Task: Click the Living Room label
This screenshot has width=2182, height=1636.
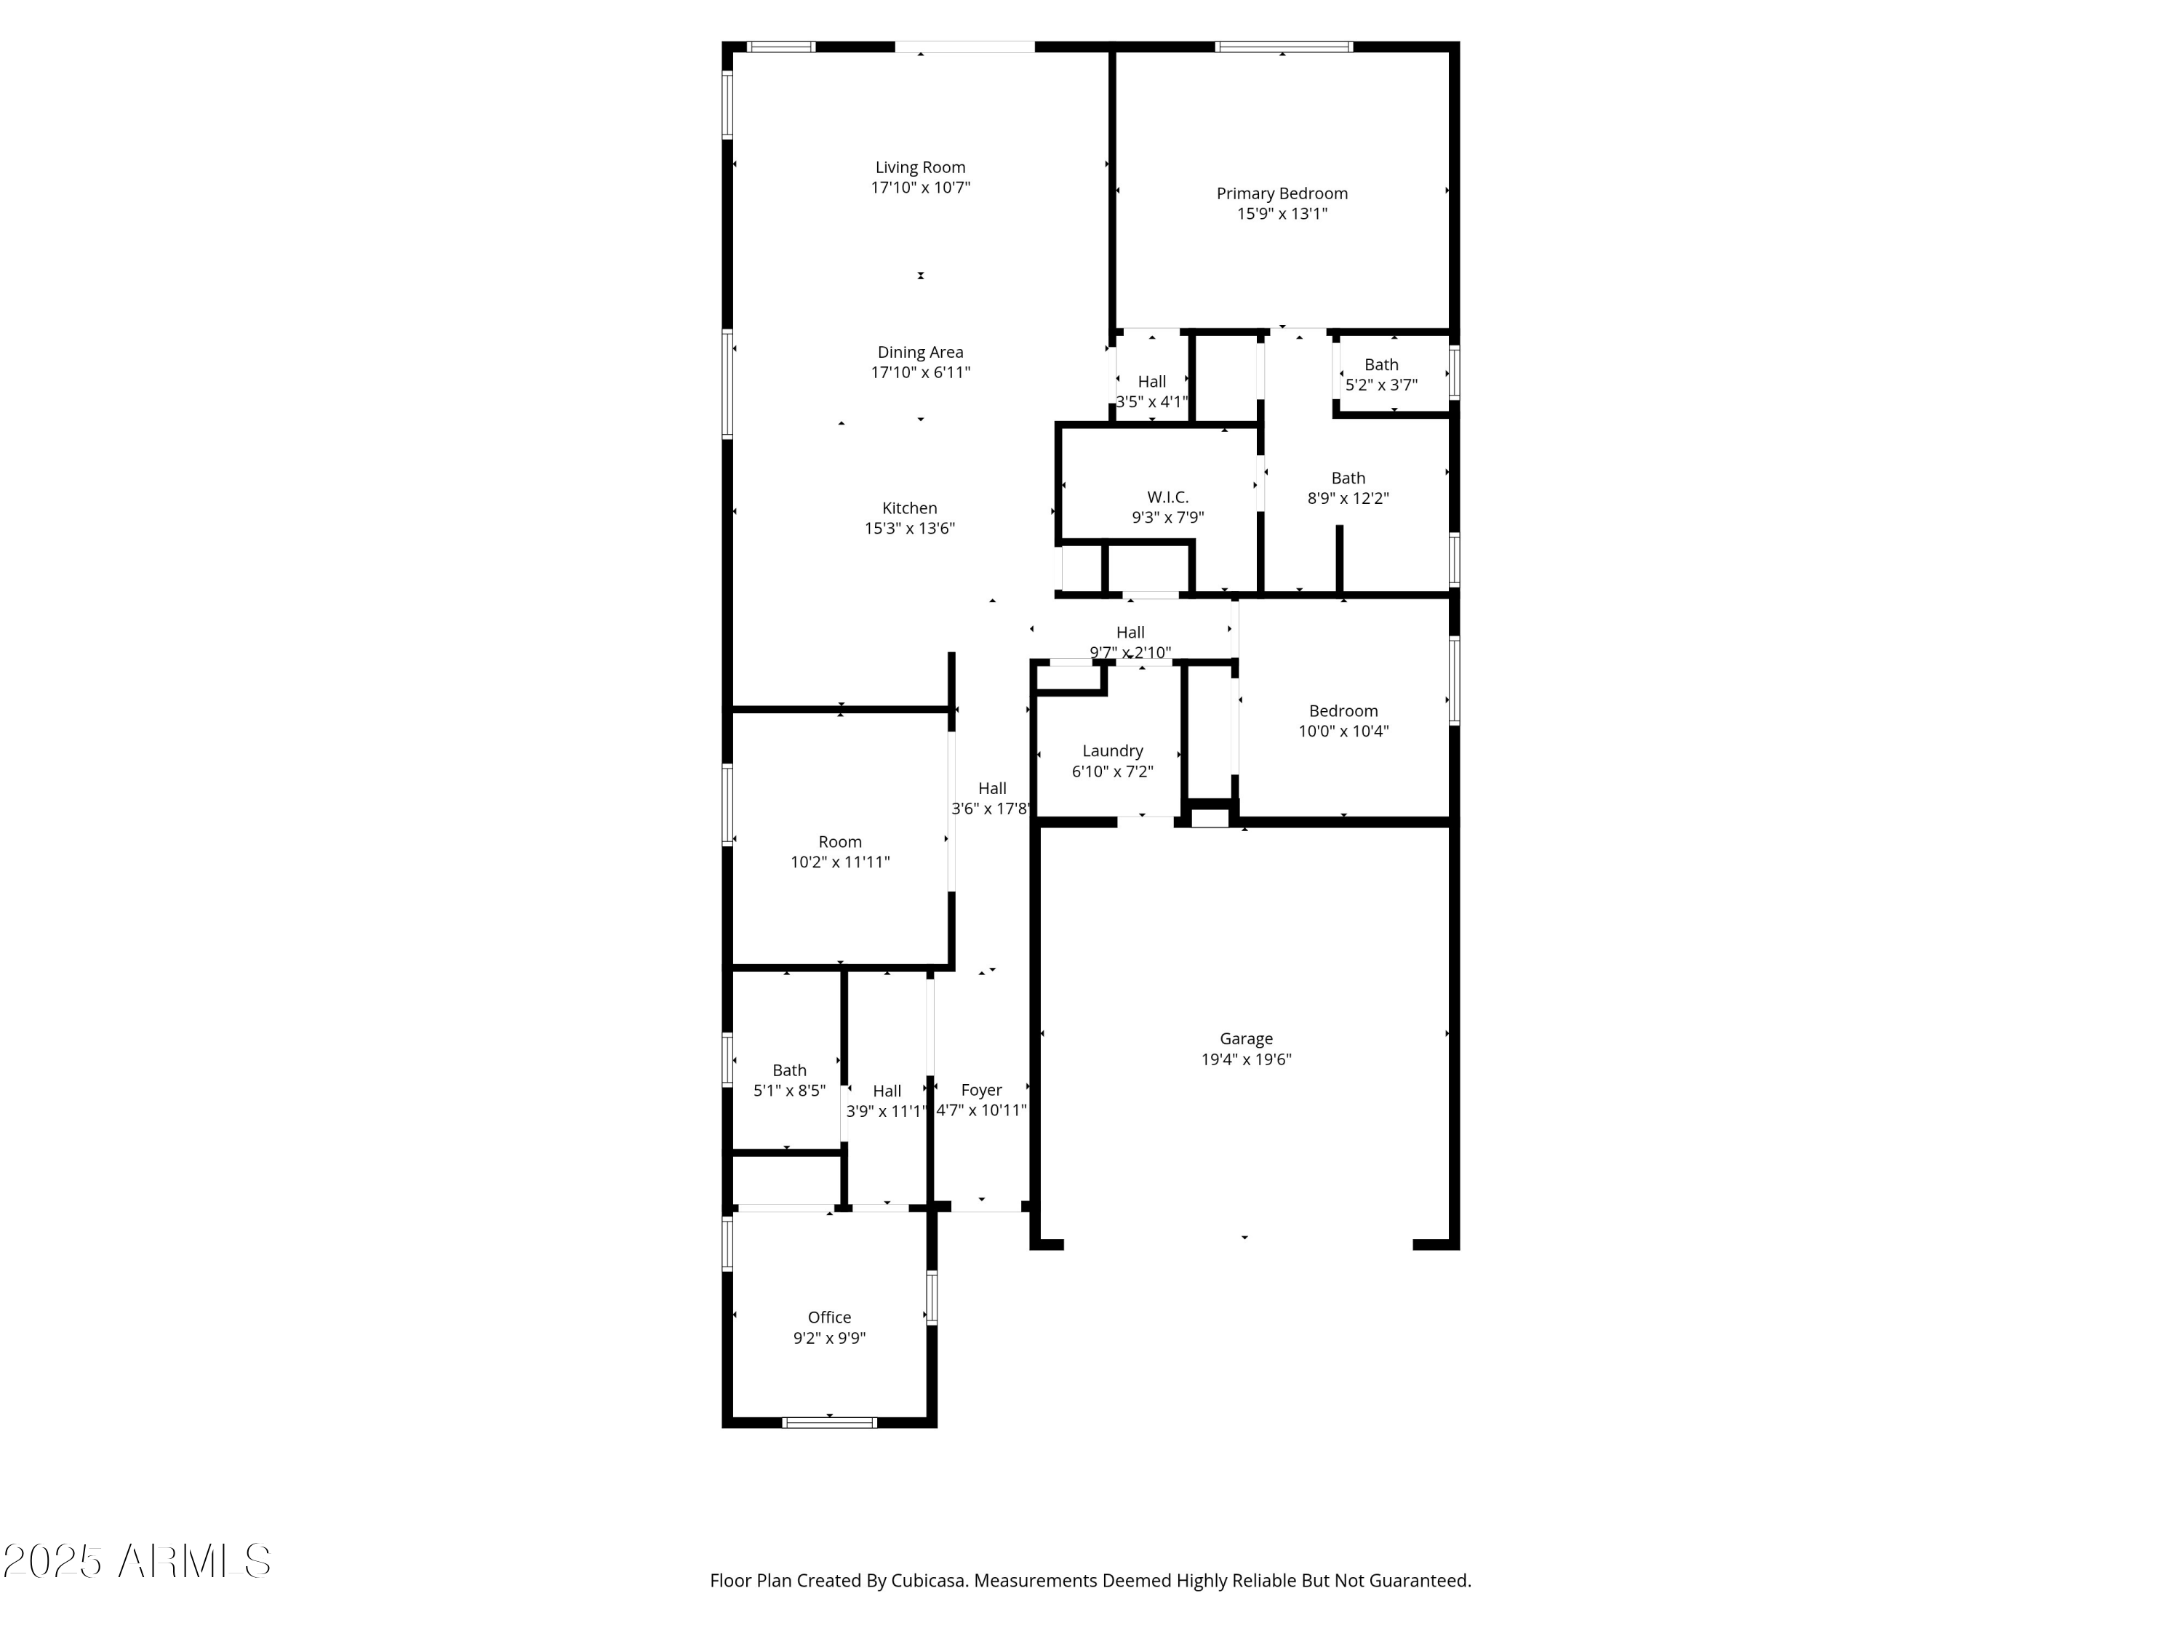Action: [x=920, y=168]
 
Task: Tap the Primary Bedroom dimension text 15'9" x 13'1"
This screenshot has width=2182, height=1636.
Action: [x=1282, y=214]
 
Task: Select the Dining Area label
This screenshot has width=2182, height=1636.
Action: [x=920, y=352]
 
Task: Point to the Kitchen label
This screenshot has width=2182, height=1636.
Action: [x=909, y=508]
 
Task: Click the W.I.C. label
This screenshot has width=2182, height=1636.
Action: [x=1168, y=497]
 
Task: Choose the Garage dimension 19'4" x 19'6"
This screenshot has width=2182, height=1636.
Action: [x=1246, y=1059]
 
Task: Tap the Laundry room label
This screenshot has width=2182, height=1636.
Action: [x=1113, y=751]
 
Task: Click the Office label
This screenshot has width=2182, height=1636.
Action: [x=830, y=1318]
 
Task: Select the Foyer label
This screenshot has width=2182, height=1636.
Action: [x=981, y=1090]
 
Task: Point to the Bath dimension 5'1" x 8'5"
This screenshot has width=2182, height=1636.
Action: [x=789, y=1091]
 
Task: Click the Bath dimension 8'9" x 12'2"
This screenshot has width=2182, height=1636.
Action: [x=1348, y=499]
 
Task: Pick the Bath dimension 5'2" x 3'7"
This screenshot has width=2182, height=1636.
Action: [x=1381, y=385]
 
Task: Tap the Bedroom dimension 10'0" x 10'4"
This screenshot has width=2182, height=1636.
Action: [x=1343, y=731]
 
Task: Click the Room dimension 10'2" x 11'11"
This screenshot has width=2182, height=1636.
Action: [x=841, y=862]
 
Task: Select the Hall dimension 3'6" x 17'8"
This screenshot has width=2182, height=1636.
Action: [x=991, y=809]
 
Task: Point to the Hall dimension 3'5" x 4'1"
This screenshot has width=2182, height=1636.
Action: [x=1152, y=402]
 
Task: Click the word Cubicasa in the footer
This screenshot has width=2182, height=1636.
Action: [x=927, y=1581]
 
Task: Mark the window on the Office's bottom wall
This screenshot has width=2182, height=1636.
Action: [x=830, y=1422]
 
